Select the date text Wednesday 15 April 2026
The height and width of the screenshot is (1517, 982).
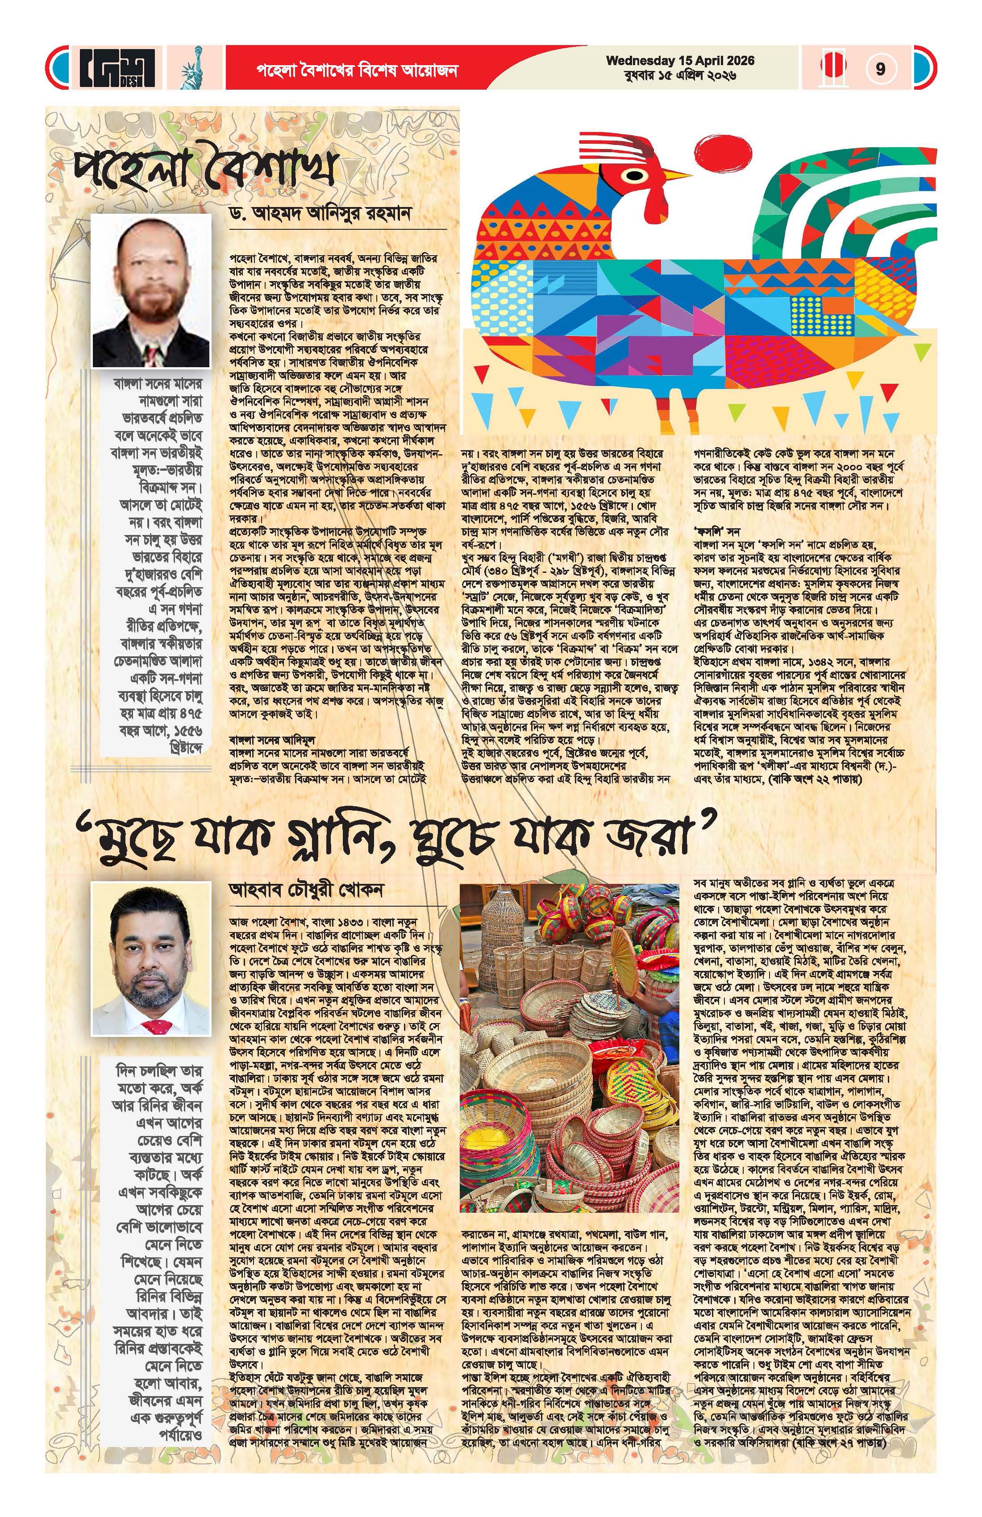680,61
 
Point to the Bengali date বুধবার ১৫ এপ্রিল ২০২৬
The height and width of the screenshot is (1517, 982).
680,76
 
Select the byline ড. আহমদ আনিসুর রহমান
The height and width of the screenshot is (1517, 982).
330,214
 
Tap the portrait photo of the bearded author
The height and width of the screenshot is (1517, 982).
151,290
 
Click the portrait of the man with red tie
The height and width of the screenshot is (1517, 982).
151,968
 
